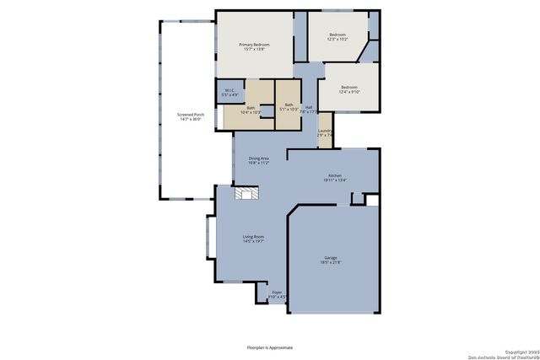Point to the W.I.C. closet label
coord(229,93)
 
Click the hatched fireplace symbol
coord(247,195)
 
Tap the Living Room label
coord(253,239)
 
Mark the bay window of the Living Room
coord(210,236)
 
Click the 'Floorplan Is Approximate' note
coord(269,346)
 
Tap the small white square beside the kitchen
coord(371,200)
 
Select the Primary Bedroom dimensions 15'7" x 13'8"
coord(254,49)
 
